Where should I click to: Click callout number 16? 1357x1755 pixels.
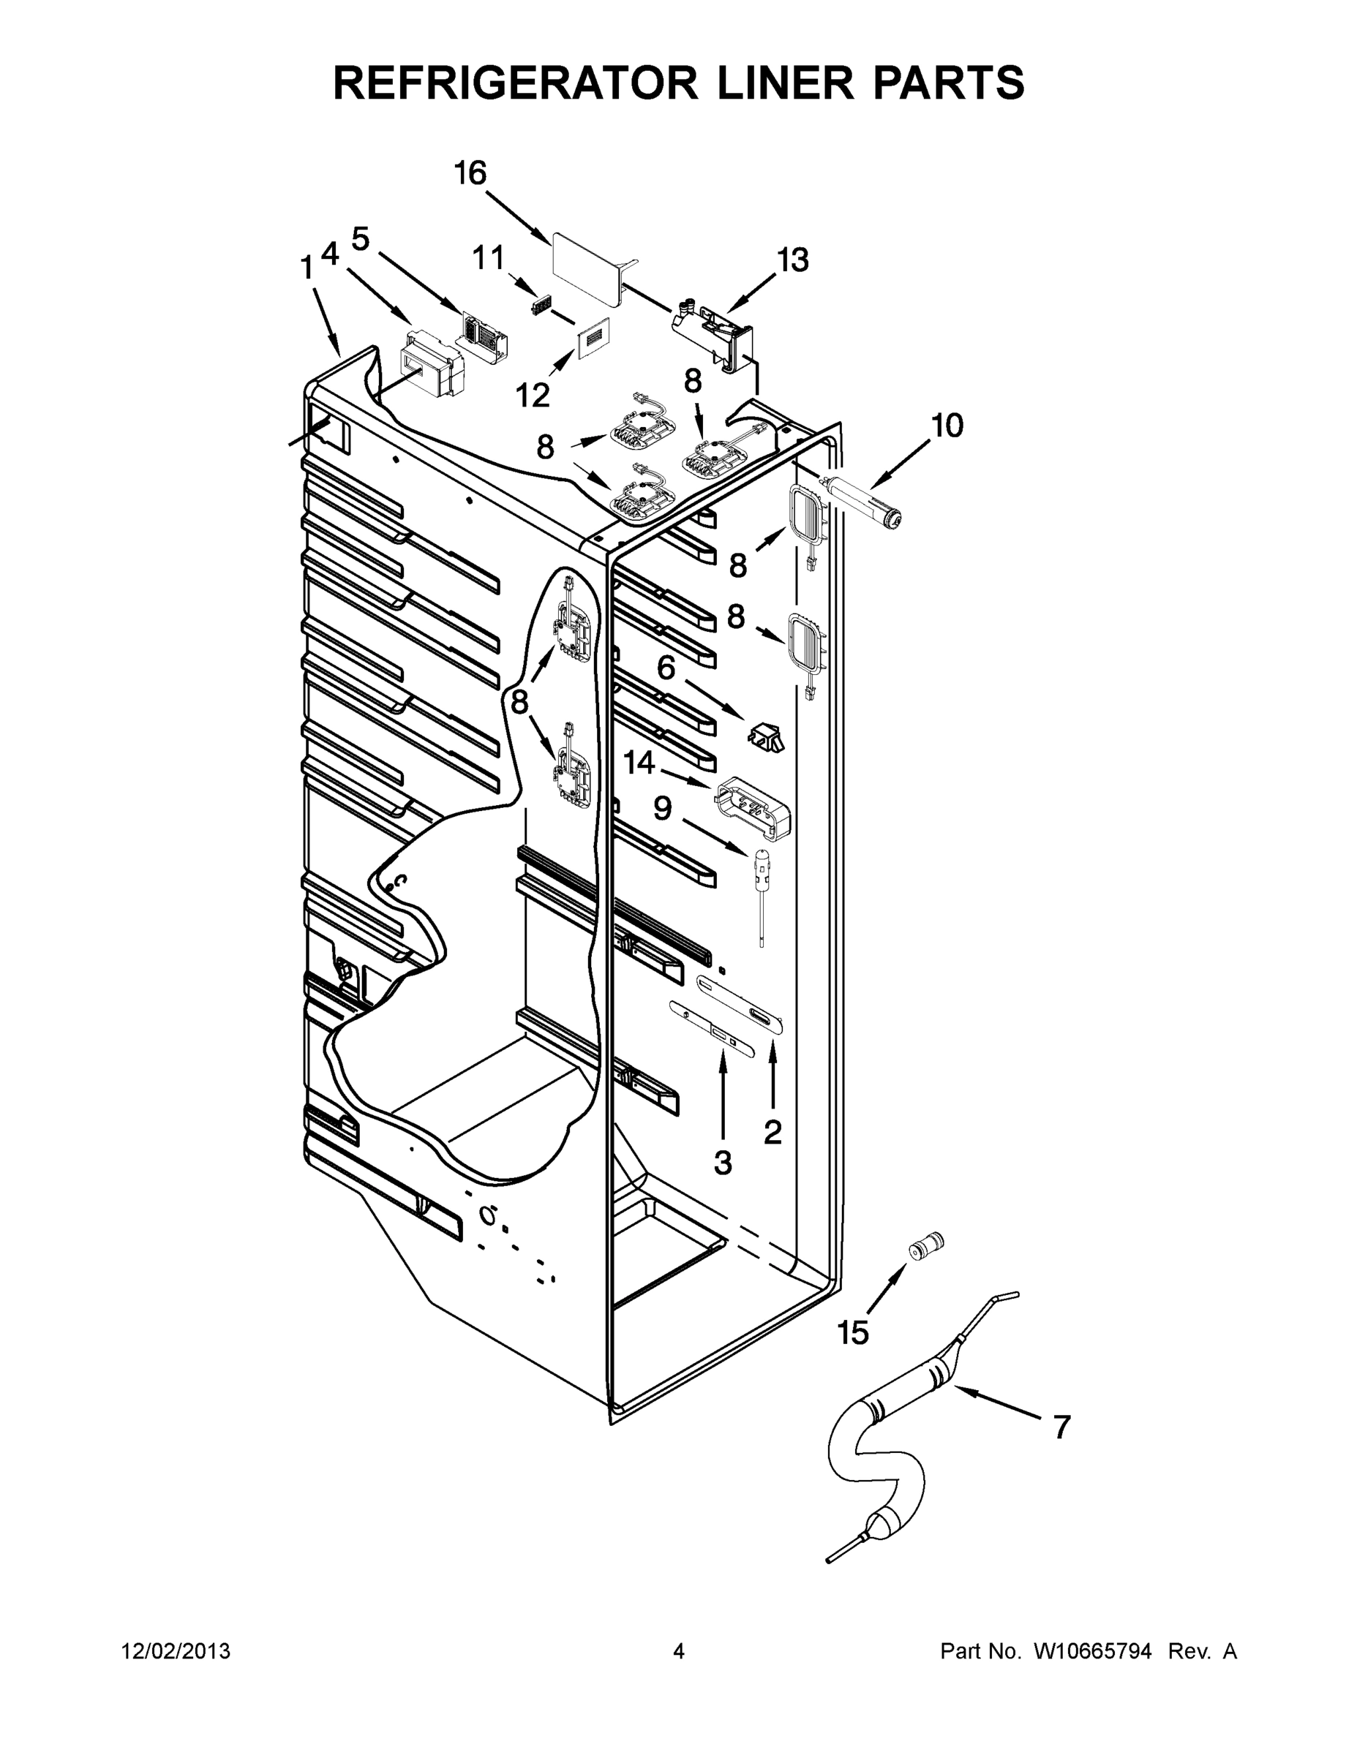[x=470, y=173]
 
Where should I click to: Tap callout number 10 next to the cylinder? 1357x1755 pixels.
[x=948, y=425]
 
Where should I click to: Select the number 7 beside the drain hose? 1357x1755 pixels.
[x=1061, y=1427]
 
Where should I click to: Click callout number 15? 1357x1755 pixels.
[x=853, y=1332]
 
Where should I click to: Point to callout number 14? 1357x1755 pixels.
[x=640, y=763]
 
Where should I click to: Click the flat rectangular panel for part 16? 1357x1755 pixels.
[x=586, y=270]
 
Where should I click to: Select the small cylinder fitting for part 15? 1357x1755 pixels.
[x=925, y=1245]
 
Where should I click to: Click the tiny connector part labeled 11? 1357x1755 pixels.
[x=544, y=307]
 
